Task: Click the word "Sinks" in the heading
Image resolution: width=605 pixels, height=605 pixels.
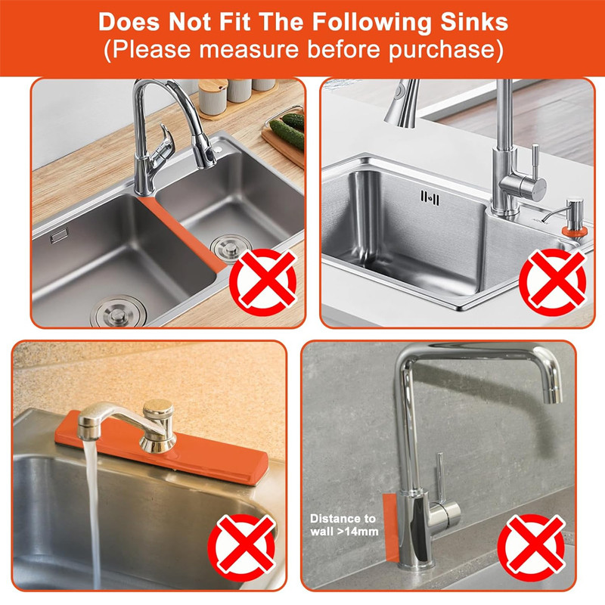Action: tap(474, 22)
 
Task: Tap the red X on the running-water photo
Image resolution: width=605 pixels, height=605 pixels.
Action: tap(242, 548)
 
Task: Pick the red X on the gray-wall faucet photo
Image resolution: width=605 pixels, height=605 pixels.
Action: tap(532, 548)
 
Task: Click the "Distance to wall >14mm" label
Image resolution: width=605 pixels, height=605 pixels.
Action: tap(343, 525)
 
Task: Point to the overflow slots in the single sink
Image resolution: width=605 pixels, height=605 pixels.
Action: tap(430, 197)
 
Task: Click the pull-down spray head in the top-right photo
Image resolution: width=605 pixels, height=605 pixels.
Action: tap(403, 103)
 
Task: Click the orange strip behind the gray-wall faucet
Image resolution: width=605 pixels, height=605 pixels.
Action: tap(389, 526)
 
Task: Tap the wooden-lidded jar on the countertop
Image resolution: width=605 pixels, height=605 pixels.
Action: tap(213, 97)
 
